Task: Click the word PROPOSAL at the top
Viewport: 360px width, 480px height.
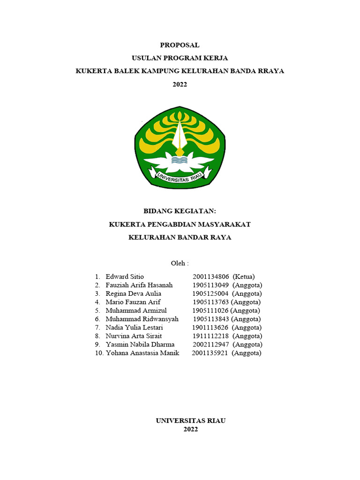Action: [x=180, y=45]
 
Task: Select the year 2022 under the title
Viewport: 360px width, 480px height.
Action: [x=180, y=84]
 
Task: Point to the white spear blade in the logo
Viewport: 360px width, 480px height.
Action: [x=179, y=134]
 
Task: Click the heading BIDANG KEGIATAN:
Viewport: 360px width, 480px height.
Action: [x=180, y=211]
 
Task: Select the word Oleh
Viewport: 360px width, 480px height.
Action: [x=179, y=263]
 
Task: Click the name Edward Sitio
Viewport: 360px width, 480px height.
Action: [x=125, y=277]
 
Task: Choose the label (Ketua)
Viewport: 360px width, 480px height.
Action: [x=244, y=277]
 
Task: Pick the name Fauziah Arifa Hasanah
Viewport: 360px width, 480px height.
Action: [x=139, y=285]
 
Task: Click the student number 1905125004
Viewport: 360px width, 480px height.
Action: [x=210, y=293]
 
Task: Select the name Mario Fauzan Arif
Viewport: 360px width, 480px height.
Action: [x=133, y=302]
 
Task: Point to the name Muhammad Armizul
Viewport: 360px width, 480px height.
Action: [x=136, y=310]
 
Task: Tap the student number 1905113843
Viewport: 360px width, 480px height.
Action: [x=210, y=319]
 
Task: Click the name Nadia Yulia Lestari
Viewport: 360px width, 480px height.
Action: [x=134, y=327]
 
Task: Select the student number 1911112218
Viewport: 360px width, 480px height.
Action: [x=210, y=336]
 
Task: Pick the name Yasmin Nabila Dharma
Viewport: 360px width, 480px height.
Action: [x=140, y=344]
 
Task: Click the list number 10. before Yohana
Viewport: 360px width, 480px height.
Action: [x=99, y=352]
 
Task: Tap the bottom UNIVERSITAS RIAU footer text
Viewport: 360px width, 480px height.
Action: [x=191, y=421]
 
